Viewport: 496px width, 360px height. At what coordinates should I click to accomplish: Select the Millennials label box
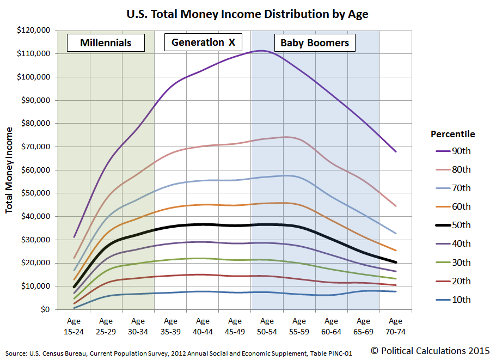tap(106, 42)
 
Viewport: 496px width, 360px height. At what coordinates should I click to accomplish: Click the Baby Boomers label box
tap(315, 43)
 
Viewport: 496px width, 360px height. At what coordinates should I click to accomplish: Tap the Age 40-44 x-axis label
tap(203, 326)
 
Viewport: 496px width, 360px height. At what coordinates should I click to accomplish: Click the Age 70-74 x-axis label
tap(395, 326)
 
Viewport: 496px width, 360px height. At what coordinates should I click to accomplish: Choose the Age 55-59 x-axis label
tap(299, 326)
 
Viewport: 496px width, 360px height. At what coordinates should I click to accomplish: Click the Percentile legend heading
tap(452, 134)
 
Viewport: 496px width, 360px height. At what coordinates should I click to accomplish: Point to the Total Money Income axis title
tap(9, 170)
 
